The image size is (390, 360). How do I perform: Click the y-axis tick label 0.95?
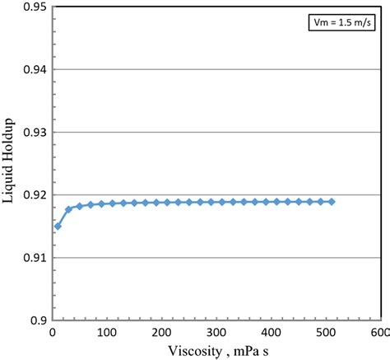(x=34, y=7)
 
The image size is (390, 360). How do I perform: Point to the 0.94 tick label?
(x=34, y=69)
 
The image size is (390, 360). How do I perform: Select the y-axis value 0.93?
(x=34, y=132)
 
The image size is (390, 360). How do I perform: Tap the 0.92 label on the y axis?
(x=34, y=195)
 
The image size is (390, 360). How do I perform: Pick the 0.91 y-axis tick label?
(x=34, y=258)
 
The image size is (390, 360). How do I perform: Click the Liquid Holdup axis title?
(x=11, y=164)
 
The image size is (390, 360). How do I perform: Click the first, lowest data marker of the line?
(x=58, y=226)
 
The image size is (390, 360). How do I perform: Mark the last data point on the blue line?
(x=332, y=202)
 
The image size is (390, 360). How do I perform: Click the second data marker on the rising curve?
(x=68, y=209)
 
